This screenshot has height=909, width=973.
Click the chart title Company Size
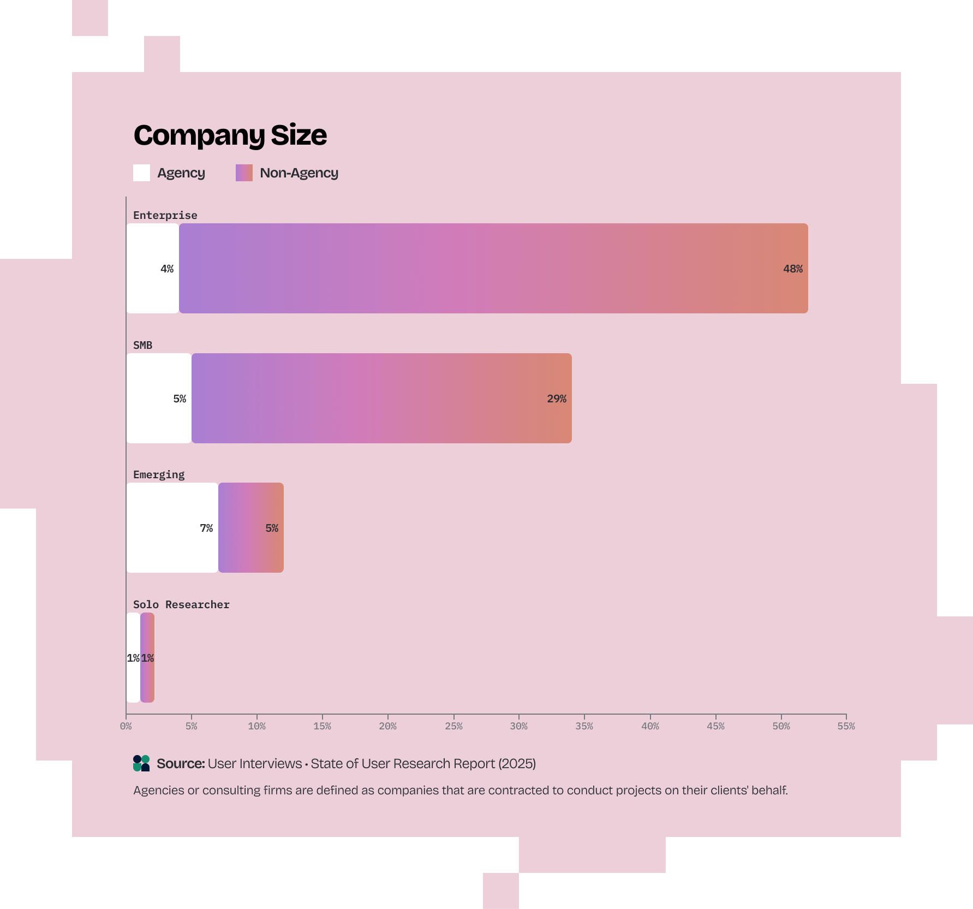(230, 135)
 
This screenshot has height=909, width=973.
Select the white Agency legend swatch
(141, 173)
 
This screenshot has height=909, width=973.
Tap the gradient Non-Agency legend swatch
(244, 173)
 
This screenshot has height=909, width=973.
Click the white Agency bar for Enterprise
(153, 268)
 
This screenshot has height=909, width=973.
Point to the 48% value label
(792, 269)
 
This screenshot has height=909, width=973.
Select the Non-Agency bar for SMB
(381, 398)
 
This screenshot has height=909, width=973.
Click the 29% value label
(556, 399)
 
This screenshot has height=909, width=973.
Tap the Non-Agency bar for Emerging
(251, 527)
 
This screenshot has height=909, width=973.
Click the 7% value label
(206, 528)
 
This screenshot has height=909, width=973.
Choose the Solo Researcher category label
(181, 604)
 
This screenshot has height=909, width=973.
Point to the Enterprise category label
(165, 215)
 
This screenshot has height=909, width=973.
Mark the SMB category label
(142, 345)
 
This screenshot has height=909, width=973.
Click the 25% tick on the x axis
(453, 726)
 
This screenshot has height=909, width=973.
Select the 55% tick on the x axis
(846, 726)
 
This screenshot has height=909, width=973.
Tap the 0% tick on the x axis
(126, 726)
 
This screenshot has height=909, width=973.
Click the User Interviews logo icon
(141, 763)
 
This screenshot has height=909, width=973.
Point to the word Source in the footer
(180, 763)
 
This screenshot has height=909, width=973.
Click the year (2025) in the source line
(517, 763)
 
